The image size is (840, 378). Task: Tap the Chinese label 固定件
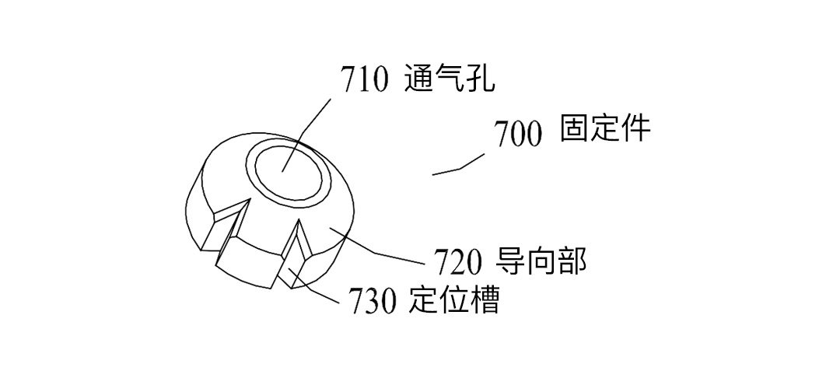pyautogui.click(x=605, y=129)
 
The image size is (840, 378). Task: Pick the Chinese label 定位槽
pyautogui.click(x=453, y=301)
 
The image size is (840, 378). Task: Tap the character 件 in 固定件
pyautogui.click(x=635, y=129)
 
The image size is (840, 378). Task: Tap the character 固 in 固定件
pyautogui.click(x=575, y=129)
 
